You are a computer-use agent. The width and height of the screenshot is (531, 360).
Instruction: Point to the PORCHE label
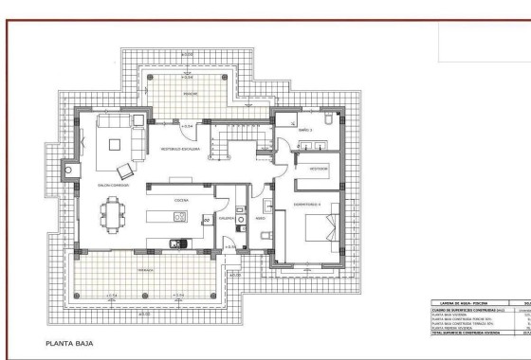(190, 94)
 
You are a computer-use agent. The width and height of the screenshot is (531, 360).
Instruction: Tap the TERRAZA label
(146, 270)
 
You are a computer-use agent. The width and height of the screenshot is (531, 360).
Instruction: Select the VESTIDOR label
(317, 169)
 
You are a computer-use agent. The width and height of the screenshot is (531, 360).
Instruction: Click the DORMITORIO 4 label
(307, 205)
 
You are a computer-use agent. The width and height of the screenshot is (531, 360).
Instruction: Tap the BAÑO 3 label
(305, 129)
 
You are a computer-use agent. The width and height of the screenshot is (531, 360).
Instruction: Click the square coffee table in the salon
(116, 145)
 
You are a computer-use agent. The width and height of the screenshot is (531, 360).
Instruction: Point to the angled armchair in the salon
(137, 120)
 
